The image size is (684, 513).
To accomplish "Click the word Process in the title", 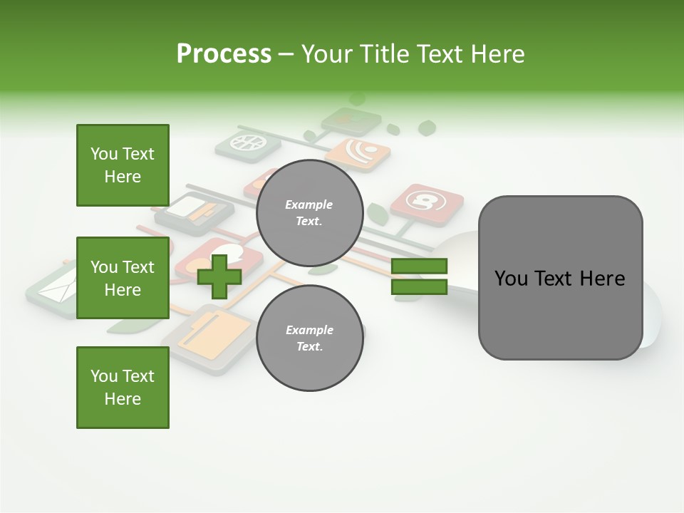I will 224,54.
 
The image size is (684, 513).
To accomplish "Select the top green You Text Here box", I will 123,165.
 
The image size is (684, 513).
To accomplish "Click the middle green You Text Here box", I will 123,278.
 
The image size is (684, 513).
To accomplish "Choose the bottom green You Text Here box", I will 123,388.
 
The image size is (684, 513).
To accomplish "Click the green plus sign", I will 219,276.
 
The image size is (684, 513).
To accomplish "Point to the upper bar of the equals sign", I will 419,266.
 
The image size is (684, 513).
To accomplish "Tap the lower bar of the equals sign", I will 419,287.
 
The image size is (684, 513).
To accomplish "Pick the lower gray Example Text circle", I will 309,338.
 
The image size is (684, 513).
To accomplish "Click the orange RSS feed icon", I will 358,152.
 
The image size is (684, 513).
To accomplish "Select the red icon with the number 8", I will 427,204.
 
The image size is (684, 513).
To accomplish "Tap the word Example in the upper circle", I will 309,204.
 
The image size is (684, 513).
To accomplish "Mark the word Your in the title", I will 326,54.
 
